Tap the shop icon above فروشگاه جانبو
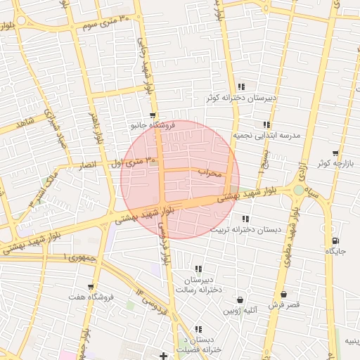(153, 115)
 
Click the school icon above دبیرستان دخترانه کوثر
(241, 87)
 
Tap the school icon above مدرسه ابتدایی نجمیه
(266, 124)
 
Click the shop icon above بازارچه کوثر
(335, 153)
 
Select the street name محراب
(210, 172)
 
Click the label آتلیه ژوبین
(240, 310)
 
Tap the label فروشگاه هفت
(91, 297)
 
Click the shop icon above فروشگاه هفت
(91, 287)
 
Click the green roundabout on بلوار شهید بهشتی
(300, 190)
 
